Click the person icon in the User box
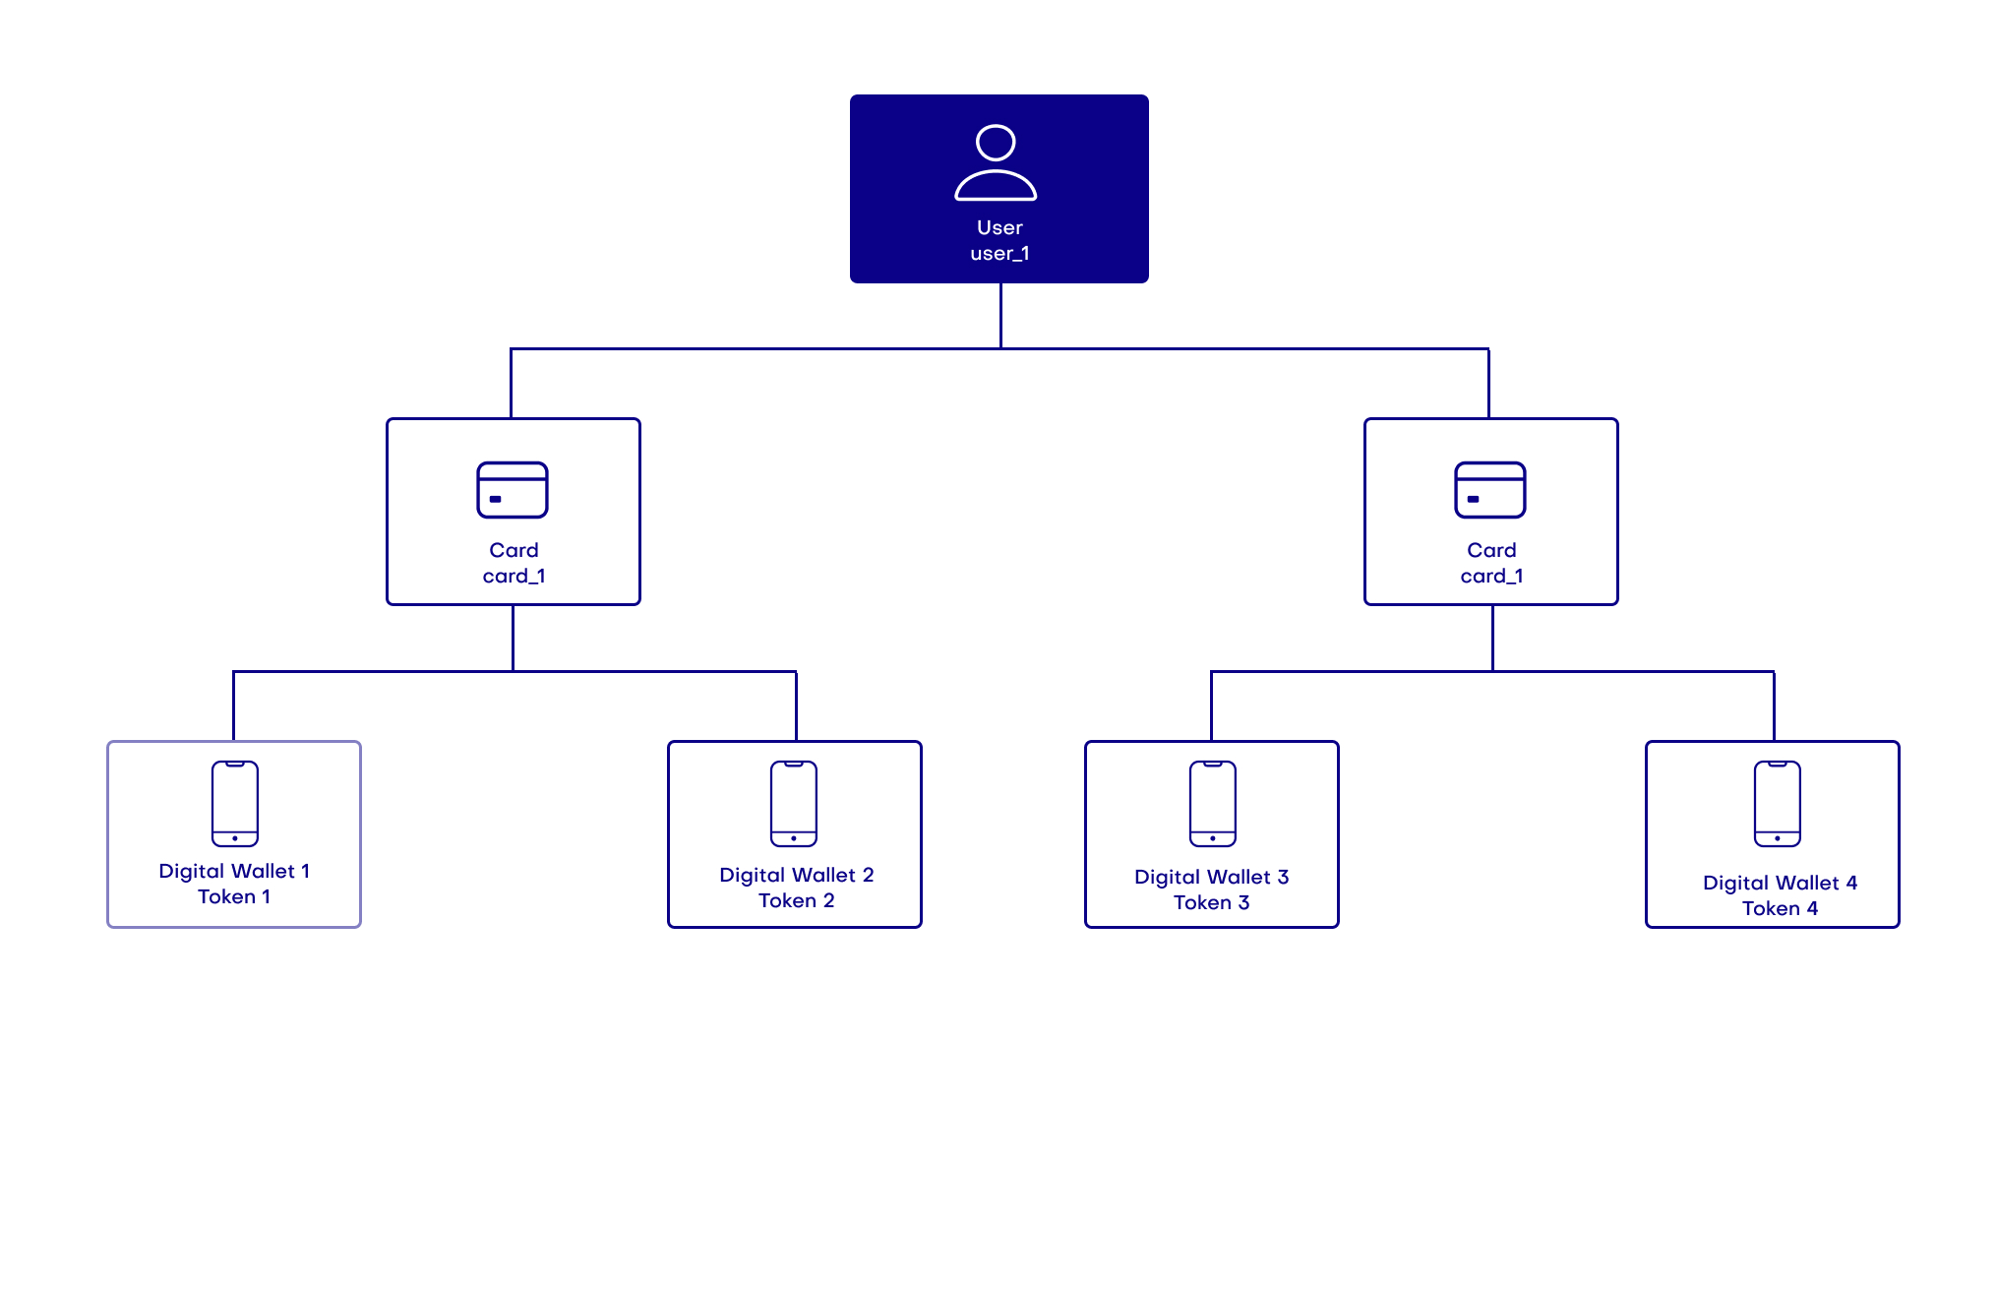point(996,163)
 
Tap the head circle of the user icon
point(996,143)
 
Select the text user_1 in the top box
point(999,254)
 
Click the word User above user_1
point(999,227)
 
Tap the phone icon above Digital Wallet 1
point(235,804)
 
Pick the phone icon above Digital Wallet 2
point(794,804)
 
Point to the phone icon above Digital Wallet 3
point(1213,804)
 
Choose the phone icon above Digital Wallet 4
point(1778,804)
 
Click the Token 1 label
point(234,896)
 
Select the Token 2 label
point(796,900)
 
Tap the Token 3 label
point(1211,902)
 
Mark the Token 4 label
point(1780,908)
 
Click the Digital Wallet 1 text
point(234,871)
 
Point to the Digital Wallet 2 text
point(796,875)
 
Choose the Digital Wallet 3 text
point(1211,877)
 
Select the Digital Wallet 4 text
point(1780,883)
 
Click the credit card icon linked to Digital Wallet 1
point(513,490)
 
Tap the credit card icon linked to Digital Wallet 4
point(1490,490)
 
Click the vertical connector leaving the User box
point(1000,315)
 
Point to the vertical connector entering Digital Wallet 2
point(796,706)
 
